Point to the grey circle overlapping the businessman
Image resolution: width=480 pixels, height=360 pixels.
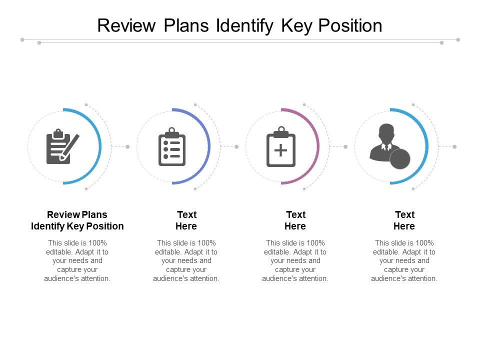[400, 158]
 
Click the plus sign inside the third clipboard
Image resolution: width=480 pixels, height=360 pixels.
[280, 150]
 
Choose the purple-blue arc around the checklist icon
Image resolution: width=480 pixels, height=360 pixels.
[208, 146]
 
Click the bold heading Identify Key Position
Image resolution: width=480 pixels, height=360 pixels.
[77, 226]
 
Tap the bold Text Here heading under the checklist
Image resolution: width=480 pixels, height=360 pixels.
[186, 220]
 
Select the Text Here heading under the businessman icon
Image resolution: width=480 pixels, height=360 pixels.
[404, 220]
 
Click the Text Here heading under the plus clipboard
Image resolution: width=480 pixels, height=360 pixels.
[295, 220]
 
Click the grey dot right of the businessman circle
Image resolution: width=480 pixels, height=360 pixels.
[454, 146]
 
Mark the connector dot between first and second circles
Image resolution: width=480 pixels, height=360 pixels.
[127, 146]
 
